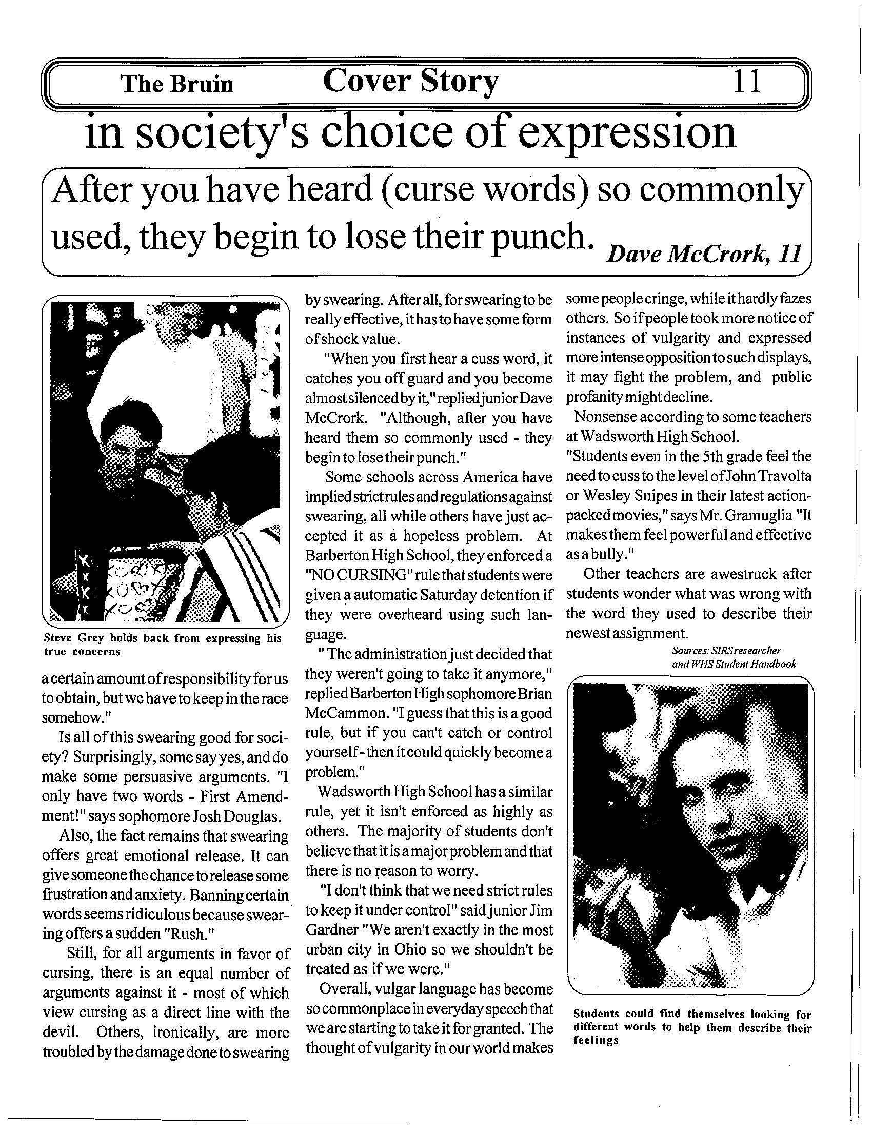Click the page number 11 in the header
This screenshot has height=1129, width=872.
pyautogui.click(x=747, y=81)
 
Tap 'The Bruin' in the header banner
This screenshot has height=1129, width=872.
pyautogui.click(x=177, y=84)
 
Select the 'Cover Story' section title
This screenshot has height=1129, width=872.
pyautogui.click(x=411, y=82)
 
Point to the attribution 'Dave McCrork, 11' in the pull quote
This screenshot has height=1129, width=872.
pyautogui.click(x=705, y=254)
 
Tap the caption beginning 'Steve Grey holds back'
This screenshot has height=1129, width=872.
pyautogui.click(x=162, y=645)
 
